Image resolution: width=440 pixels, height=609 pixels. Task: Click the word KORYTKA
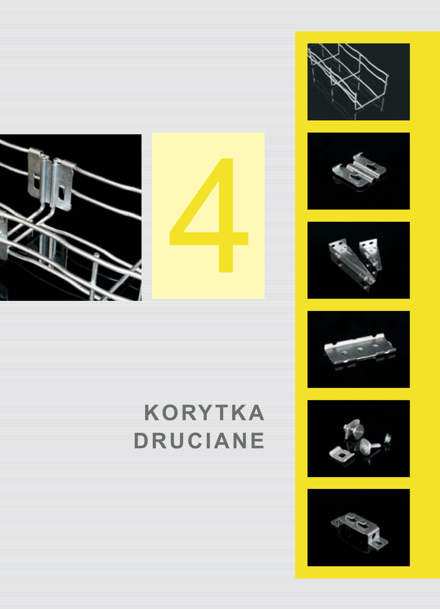pyautogui.click(x=205, y=413)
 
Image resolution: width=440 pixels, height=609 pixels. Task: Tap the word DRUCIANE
pyautogui.click(x=199, y=441)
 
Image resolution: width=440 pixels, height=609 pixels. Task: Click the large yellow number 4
pyautogui.click(x=209, y=215)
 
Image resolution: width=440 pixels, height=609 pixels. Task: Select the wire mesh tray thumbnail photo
pyautogui.click(x=359, y=81)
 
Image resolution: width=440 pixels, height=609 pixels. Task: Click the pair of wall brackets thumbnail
pyautogui.click(x=359, y=260)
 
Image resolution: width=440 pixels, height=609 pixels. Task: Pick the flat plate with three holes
pyautogui.click(x=360, y=350)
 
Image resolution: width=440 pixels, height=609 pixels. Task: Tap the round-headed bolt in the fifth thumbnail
pyautogui.click(x=367, y=447)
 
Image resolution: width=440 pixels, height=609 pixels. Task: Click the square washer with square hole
pyautogui.click(x=342, y=454)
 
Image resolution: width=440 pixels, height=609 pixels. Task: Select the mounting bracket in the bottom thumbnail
pyautogui.click(x=359, y=530)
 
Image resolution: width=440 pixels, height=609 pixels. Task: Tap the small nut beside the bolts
pyautogui.click(x=387, y=440)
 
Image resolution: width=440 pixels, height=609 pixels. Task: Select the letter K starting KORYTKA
pyautogui.click(x=152, y=413)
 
